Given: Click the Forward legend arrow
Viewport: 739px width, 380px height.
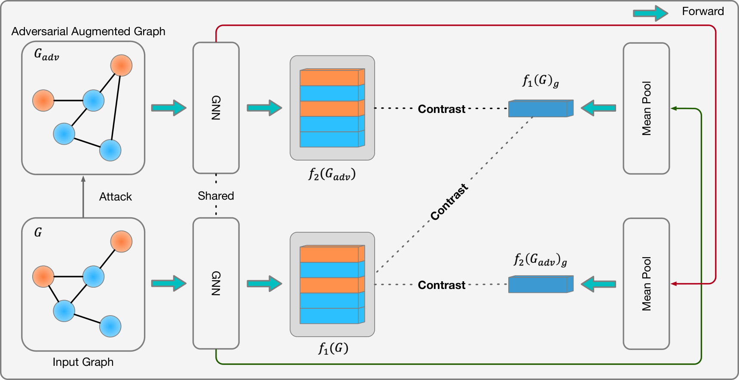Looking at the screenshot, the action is click(x=650, y=13).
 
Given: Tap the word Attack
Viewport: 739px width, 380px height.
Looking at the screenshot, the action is click(x=116, y=197).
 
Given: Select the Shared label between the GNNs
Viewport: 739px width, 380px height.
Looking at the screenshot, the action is click(x=216, y=196).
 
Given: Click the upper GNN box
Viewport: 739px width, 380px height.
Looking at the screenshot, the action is click(x=216, y=108).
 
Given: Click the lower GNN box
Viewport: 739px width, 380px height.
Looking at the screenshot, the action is click(x=216, y=283).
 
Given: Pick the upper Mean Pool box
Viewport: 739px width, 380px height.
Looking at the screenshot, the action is click(x=646, y=108).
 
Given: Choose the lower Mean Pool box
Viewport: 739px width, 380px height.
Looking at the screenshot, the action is click(x=646, y=284).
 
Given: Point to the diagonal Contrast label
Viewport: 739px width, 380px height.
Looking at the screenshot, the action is click(x=449, y=202).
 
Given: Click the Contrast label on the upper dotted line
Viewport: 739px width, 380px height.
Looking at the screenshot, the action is click(x=442, y=109).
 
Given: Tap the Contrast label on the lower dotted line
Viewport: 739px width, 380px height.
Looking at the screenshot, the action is click(x=442, y=285).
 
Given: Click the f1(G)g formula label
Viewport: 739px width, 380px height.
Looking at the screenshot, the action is click(x=541, y=81).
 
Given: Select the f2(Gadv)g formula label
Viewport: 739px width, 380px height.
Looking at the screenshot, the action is click(x=541, y=260).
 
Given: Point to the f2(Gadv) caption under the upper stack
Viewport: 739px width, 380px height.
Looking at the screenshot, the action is click(x=332, y=174).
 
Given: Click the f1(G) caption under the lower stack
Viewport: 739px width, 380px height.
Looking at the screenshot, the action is click(x=333, y=348).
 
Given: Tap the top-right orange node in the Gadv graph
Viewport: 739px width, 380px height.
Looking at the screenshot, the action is click(x=121, y=66).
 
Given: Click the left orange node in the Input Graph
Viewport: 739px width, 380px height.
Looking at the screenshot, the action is click(x=43, y=277).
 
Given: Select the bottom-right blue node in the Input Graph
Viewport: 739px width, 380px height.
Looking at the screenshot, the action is click(x=110, y=326).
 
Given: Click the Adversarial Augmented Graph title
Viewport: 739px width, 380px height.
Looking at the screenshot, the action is click(x=88, y=31).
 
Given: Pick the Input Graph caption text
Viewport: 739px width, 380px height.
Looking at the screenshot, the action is click(x=83, y=362).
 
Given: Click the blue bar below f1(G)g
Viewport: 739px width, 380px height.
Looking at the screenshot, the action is click(x=541, y=108).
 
